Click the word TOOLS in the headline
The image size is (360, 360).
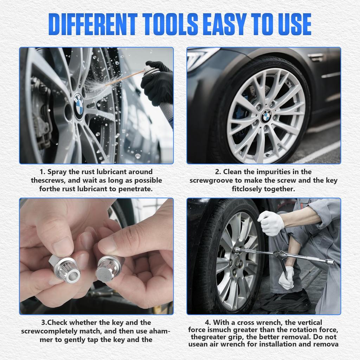tap(160, 24)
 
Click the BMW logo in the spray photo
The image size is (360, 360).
tap(79, 104)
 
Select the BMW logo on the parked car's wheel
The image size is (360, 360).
tap(266, 116)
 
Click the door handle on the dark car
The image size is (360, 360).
tap(316, 57)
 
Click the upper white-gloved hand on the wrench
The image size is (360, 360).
tap(271, 223)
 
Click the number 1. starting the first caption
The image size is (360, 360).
tap(43, 172)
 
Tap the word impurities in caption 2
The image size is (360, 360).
tap(267, 172)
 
